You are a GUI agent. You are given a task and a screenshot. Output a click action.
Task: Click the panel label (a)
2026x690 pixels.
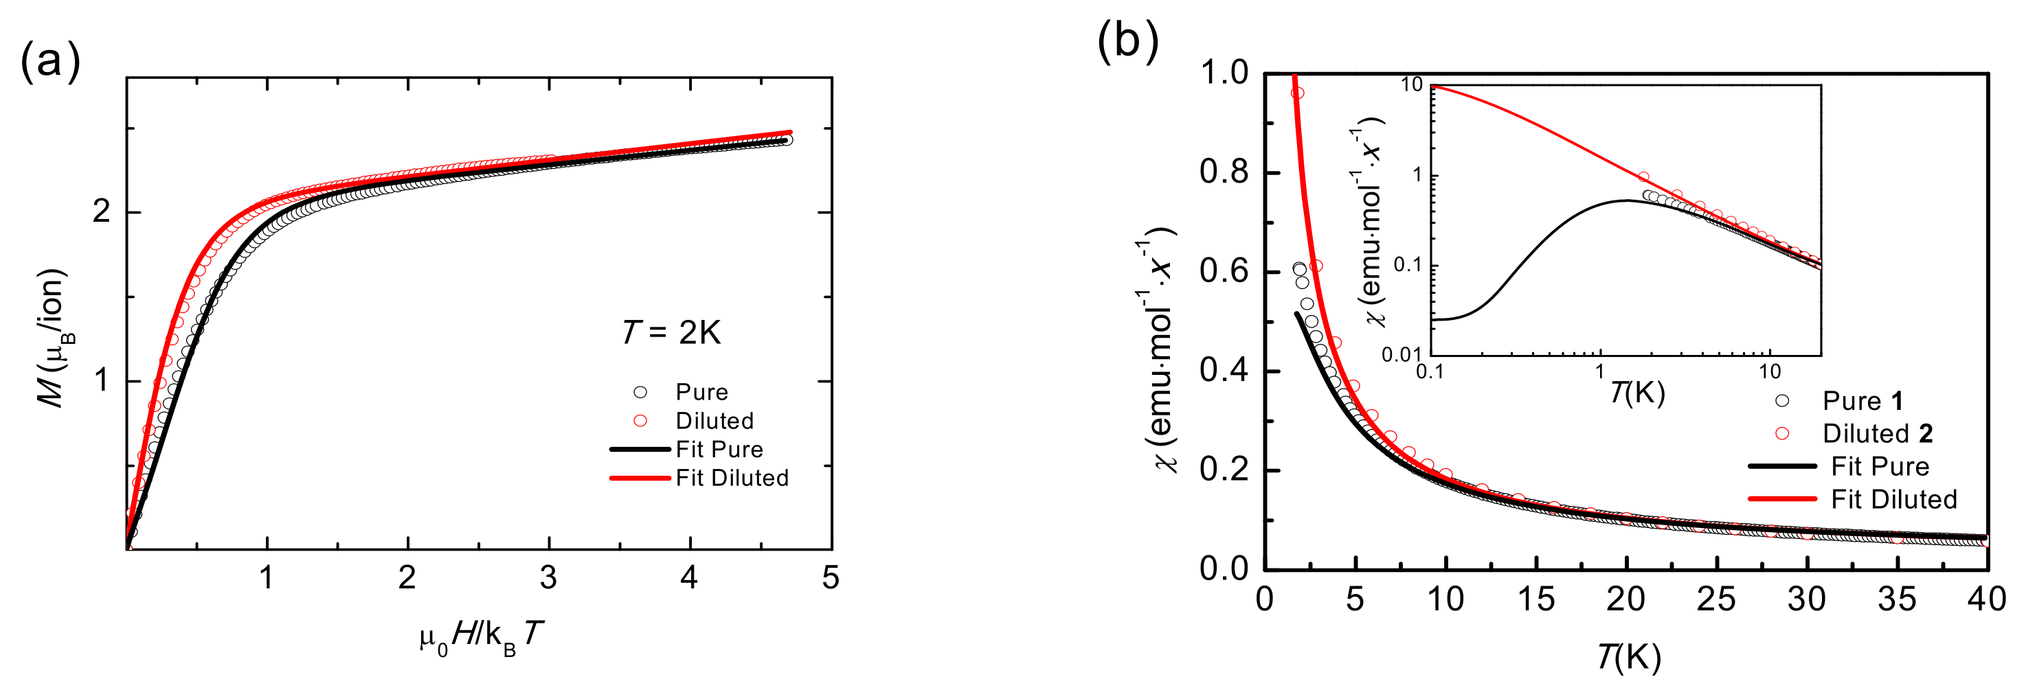[49, 61]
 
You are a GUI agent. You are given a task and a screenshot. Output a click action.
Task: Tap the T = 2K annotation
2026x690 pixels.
[671, 332]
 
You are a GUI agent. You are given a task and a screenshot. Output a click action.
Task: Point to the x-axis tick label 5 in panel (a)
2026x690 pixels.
[831, 577]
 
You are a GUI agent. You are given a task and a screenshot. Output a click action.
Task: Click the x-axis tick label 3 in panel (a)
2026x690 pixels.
[548, 577]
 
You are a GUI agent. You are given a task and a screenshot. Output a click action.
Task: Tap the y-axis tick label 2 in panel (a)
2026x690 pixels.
[102, 211]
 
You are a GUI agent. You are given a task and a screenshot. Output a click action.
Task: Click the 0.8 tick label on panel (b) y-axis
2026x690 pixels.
[1224, 172]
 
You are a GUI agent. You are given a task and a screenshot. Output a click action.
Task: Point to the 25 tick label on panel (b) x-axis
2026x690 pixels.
[1716, 599]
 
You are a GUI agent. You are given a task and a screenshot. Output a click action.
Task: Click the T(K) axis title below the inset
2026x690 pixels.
[1636, 391]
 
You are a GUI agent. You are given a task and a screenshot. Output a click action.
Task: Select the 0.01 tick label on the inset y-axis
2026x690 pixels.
[1402, 355]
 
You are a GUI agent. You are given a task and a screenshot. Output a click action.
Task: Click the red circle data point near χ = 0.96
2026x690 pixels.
[1298, 93]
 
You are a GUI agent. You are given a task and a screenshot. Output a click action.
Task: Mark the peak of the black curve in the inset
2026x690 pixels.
[1625, 200]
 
